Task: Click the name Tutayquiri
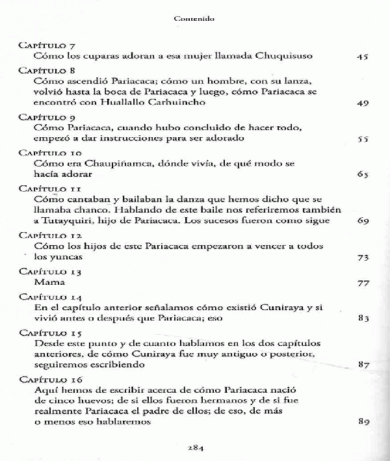[69, 221]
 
